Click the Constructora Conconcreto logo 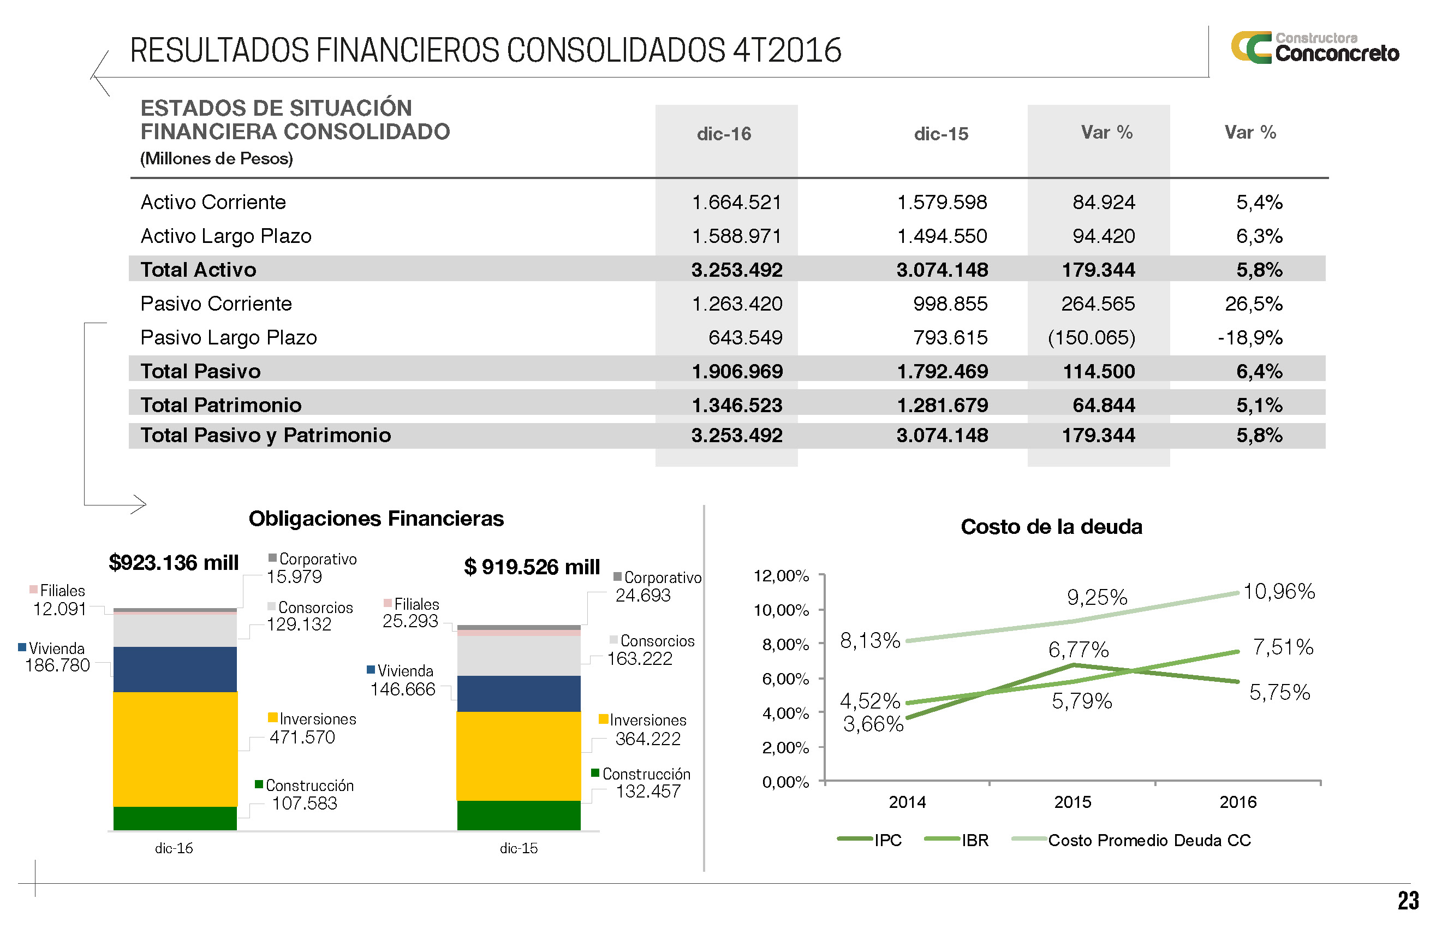coord(1315,48)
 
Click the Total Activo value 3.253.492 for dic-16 coord(736,270)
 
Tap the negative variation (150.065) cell coord(1091,338)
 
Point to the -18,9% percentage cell coord(1250,338)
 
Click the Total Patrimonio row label coord(221,405)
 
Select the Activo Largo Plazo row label coord(226,236)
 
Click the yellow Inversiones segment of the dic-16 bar coord(175,748)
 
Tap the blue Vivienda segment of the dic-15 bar coord(519,694)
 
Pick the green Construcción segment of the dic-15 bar coord(519,815)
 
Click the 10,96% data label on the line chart coord(1279,591)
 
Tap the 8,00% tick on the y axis coord(785,645)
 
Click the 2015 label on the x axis coord(1072,802)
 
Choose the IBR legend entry coord(974,840)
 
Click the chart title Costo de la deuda coord(1051,527)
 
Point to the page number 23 coord(1408,901)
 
